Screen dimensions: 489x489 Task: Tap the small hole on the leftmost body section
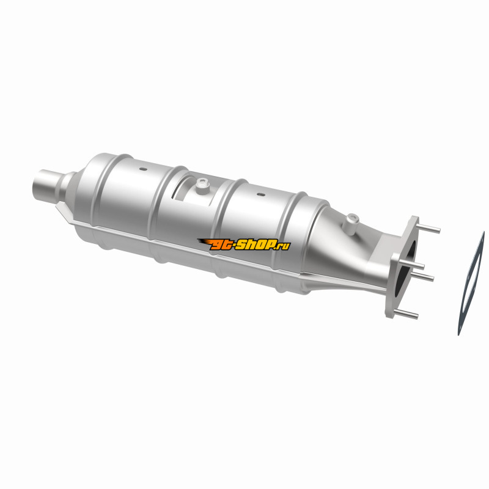[x=143, y=169]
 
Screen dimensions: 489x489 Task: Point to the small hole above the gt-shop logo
[x=261, y=194]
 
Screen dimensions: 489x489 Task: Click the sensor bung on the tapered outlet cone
[x=351, y=222]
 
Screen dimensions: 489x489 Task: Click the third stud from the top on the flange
[x=422, y=276]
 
